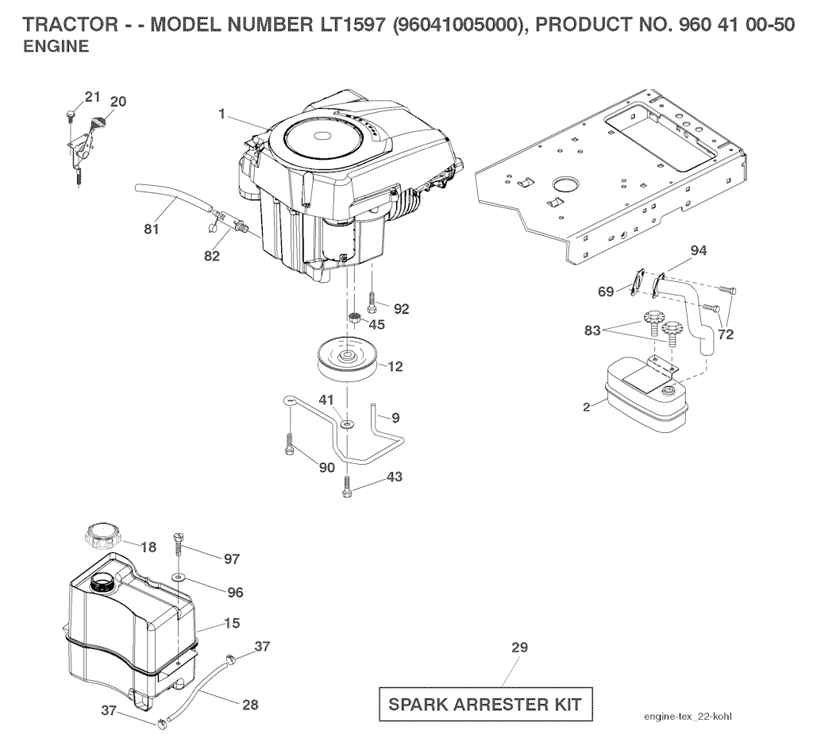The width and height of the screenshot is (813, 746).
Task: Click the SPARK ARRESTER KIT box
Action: click(x=485, y=704)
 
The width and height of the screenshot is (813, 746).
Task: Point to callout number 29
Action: click(x=519, y=647)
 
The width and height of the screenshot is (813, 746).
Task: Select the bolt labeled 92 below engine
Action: click(x=372, y=302)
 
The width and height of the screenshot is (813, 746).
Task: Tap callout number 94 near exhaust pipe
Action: click(x=699, y=251)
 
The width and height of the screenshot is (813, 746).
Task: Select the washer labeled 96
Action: click(x=179, y=576)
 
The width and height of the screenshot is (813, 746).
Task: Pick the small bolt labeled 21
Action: click(x=71, y=115)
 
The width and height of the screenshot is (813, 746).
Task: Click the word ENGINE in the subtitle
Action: click(x=56, y=46)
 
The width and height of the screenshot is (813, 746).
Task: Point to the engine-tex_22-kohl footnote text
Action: click(x=688, y=717)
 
